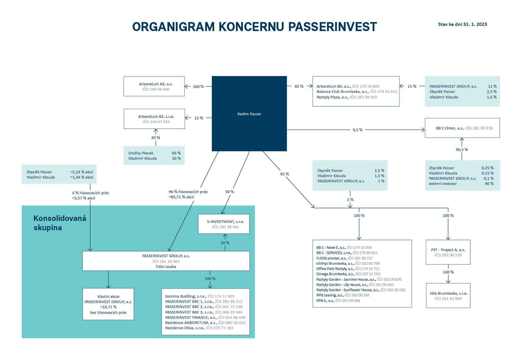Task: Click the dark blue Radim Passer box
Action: (249, 114)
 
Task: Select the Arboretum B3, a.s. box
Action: (154, 86)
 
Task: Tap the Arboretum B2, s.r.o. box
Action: (154, 119)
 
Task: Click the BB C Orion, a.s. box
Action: (462, 128)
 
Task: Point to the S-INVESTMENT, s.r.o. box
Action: (223, 224)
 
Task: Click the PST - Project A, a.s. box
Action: (448, 252)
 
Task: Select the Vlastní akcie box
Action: (108, 304)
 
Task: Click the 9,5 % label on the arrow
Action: (357, 130)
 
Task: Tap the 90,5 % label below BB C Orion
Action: (461, 150)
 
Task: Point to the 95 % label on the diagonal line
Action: (284, 174)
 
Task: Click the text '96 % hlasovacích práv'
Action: (188, 192)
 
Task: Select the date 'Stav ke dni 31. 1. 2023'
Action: (462, 24)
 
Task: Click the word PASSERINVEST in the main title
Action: (332, 27)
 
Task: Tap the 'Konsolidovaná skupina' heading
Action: (60, 223)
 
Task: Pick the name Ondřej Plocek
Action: (141, 153)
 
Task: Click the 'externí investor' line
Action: (443, 183)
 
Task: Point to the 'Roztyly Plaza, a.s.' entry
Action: (333, 97)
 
